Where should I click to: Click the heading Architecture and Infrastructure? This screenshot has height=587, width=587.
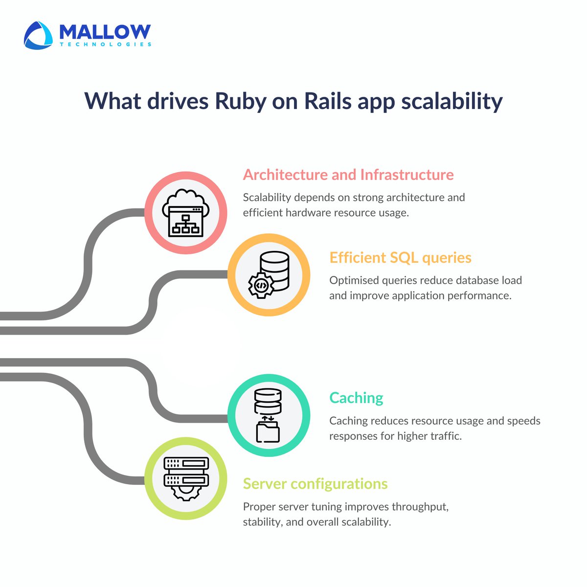(348, 175)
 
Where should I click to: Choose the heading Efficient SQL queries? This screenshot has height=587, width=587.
(400, 258)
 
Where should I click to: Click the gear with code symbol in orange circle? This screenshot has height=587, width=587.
(261, 286)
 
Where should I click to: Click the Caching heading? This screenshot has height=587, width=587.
(356, 398)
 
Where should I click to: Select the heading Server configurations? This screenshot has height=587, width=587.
(315, 484)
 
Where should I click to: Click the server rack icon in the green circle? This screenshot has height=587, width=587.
(186, 477)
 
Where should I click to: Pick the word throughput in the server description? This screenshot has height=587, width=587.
(419, 507)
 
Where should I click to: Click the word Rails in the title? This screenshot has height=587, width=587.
(327, 102)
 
